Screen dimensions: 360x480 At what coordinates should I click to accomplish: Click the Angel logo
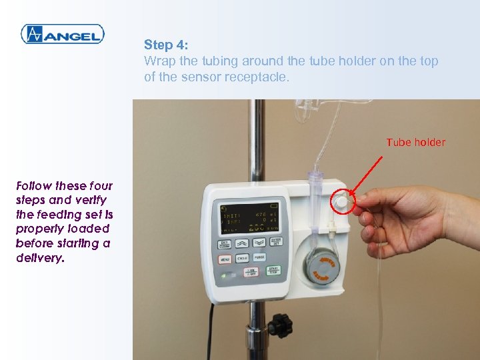click(x=62, y=34)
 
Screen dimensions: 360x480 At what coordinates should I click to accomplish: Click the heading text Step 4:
click(x=167, y=45)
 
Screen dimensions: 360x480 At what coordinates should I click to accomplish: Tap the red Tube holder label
click(x=415, y=142)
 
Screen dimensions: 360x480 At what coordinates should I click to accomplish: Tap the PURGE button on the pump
click(x=260, y=257)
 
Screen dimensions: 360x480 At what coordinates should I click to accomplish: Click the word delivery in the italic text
click(x=39, y=258)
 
